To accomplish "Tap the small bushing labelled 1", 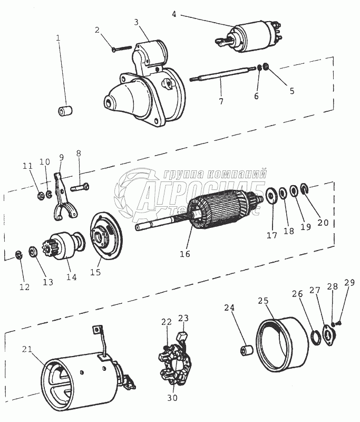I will click(x=65, y=111).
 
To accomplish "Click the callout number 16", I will click(x=184, y=254).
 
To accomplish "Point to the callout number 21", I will click(x=27, y=349).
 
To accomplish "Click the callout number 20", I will click(x=323, y=222).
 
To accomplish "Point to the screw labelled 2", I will click(x=121, y=48).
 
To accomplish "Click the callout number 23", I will click(x=182, y=318).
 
